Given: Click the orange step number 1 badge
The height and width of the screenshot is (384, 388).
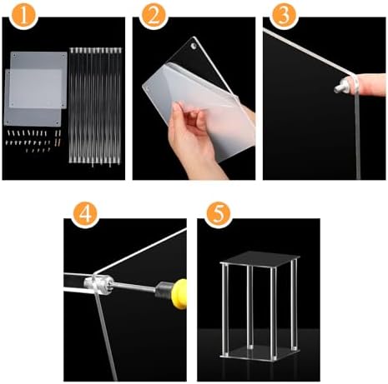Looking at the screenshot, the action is click(23, 15).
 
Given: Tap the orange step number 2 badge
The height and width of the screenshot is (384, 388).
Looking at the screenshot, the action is click(154, 15).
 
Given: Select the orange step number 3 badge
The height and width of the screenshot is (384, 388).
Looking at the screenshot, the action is click(284, 15).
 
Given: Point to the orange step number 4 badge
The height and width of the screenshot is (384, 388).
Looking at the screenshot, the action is click(85, 214).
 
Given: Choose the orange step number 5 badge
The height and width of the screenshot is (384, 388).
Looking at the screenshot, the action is click(219, 214).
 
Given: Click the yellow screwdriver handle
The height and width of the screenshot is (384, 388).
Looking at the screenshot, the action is click(180, 294).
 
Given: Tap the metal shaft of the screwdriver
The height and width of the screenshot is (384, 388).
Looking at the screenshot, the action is click(134, 287).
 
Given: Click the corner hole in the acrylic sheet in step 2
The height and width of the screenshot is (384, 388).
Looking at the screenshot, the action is click(193, 46).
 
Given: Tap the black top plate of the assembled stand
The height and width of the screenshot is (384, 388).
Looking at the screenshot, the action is click(260, 259).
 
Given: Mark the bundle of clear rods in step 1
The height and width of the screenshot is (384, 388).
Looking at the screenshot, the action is click(95, 107).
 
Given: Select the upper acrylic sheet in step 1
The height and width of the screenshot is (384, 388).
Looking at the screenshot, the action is click(39, 80).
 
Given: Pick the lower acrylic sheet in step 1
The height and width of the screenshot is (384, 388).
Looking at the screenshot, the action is click(33, 97).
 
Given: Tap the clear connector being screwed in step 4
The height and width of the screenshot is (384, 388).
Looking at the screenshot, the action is click(98, 284).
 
